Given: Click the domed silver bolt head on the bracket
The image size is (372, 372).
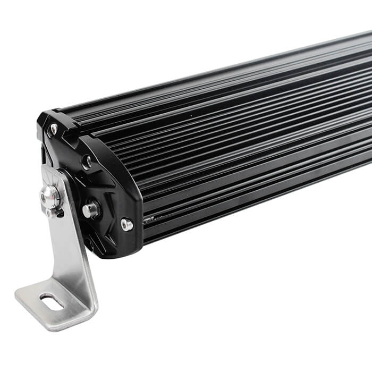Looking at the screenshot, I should click(50, 197).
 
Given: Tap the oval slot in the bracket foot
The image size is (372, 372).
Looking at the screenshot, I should click(52, 302).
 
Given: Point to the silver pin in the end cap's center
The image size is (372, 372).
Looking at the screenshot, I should click(90, 210).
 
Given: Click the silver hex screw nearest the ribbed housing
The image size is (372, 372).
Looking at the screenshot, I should click(126, 224).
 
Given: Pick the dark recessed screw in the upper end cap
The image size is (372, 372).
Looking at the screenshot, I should click(86, 161).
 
